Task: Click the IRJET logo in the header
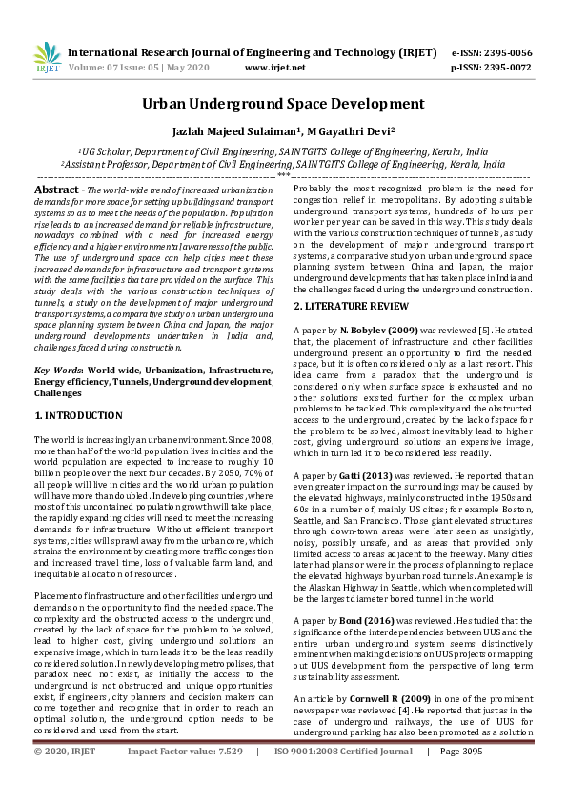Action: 47,59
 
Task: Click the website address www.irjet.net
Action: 275,68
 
